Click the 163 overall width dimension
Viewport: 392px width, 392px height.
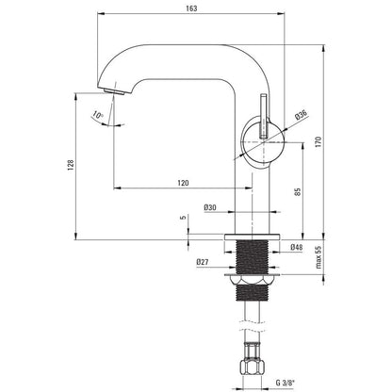191,8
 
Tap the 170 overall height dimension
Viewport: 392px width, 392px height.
318,142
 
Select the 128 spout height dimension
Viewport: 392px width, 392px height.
71,165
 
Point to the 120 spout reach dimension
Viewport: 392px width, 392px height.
183,183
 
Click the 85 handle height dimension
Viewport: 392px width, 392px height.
298,192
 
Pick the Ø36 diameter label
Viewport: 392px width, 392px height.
301,115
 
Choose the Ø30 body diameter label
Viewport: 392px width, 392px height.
210,207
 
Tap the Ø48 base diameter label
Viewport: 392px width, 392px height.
297,247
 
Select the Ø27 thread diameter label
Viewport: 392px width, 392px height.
203,262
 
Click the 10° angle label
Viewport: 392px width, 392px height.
98,116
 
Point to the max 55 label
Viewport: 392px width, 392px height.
318,257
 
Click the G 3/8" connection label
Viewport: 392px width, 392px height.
286,383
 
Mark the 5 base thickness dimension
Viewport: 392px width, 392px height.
184,217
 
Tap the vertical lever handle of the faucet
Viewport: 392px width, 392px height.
263,115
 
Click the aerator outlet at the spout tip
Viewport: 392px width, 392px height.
114,91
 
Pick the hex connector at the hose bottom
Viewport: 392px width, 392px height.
252,367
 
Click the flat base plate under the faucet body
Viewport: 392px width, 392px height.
252,237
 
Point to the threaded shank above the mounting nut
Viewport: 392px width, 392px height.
252,257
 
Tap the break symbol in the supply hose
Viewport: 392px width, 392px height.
252,326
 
